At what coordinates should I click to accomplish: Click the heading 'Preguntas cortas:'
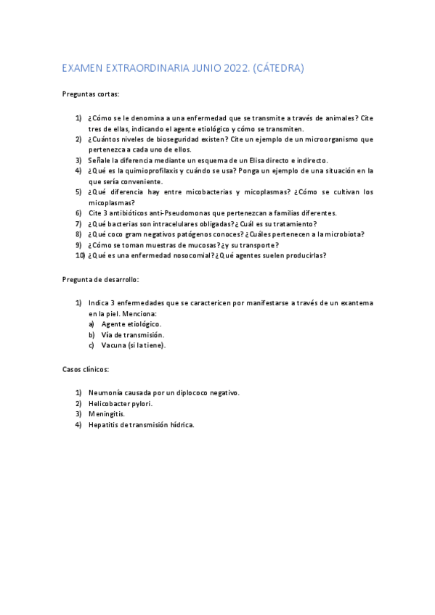91,94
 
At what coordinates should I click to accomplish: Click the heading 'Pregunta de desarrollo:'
101,279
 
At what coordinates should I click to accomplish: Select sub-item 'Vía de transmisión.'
133,335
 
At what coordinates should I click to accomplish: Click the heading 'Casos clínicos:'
86,369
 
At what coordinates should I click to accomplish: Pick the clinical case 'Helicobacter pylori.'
121,403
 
